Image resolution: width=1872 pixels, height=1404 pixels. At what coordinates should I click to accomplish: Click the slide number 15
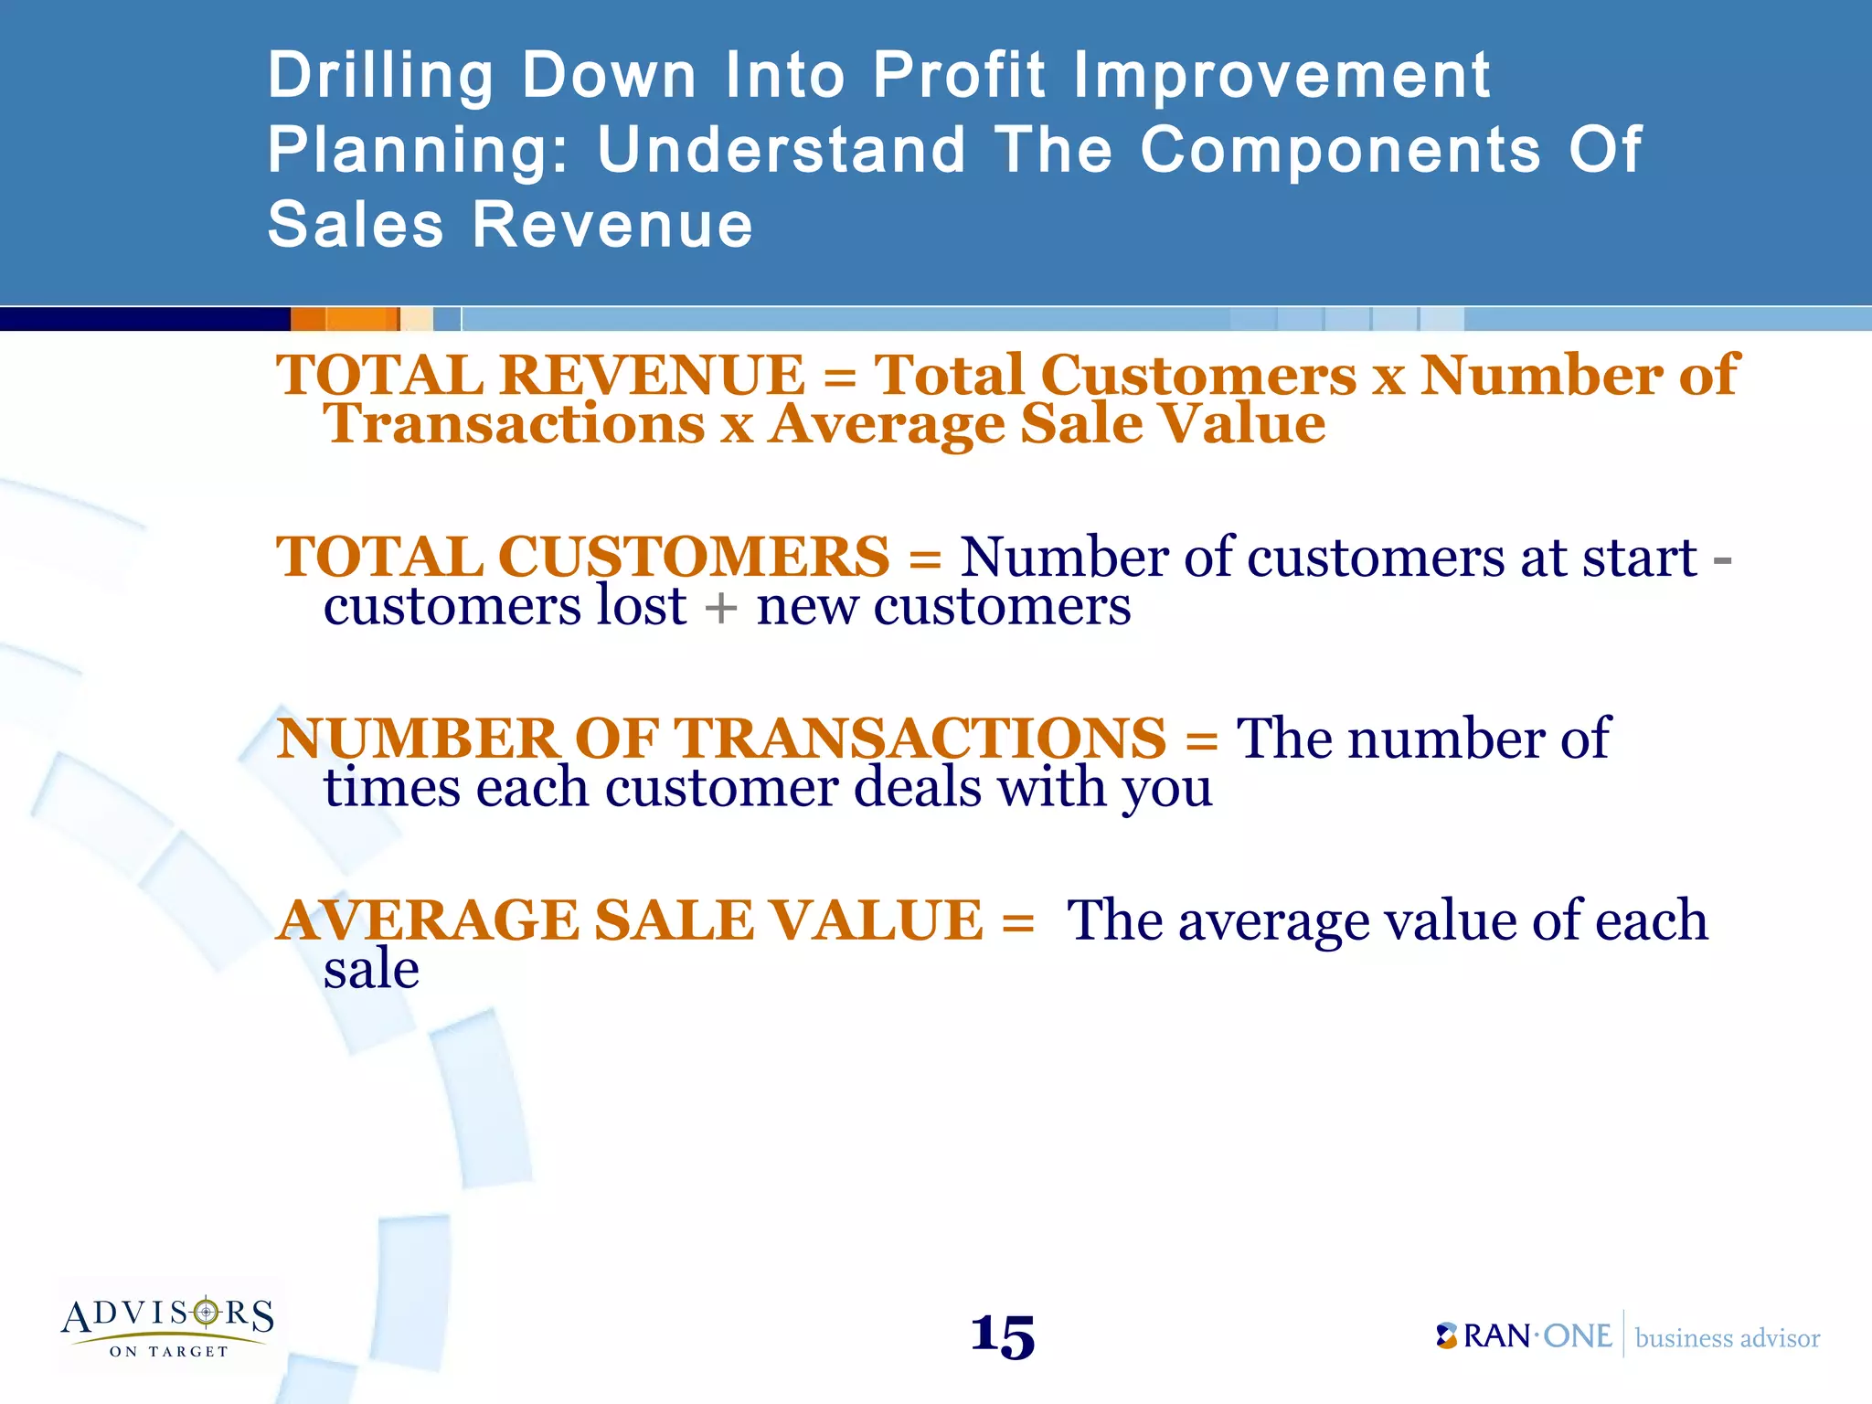[x=1003, y=1337]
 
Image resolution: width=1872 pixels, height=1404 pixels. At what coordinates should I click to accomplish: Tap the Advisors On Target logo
[x=168, y=1325]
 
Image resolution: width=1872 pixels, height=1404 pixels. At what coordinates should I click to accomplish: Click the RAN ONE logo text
[x=1525, y=1336]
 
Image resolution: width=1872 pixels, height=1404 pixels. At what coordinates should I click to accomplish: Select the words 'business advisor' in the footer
[x=1727, y=1338]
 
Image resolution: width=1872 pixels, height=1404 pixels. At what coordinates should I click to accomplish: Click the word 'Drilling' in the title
[x=380, y=76]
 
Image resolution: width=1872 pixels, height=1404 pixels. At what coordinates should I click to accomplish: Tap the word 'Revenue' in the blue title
[x=612, y=225]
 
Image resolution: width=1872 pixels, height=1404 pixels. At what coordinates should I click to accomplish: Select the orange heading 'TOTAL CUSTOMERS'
[x=582, y=557]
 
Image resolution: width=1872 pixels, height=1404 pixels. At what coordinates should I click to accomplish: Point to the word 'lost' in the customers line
[x=641, y=605]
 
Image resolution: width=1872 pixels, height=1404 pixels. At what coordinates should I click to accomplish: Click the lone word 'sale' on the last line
[x=371, y=969]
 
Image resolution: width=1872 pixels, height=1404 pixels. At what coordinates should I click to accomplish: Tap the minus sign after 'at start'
[x=1721, y=558]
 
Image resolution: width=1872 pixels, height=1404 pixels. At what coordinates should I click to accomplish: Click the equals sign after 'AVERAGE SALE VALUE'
[x=1017, y=921]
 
